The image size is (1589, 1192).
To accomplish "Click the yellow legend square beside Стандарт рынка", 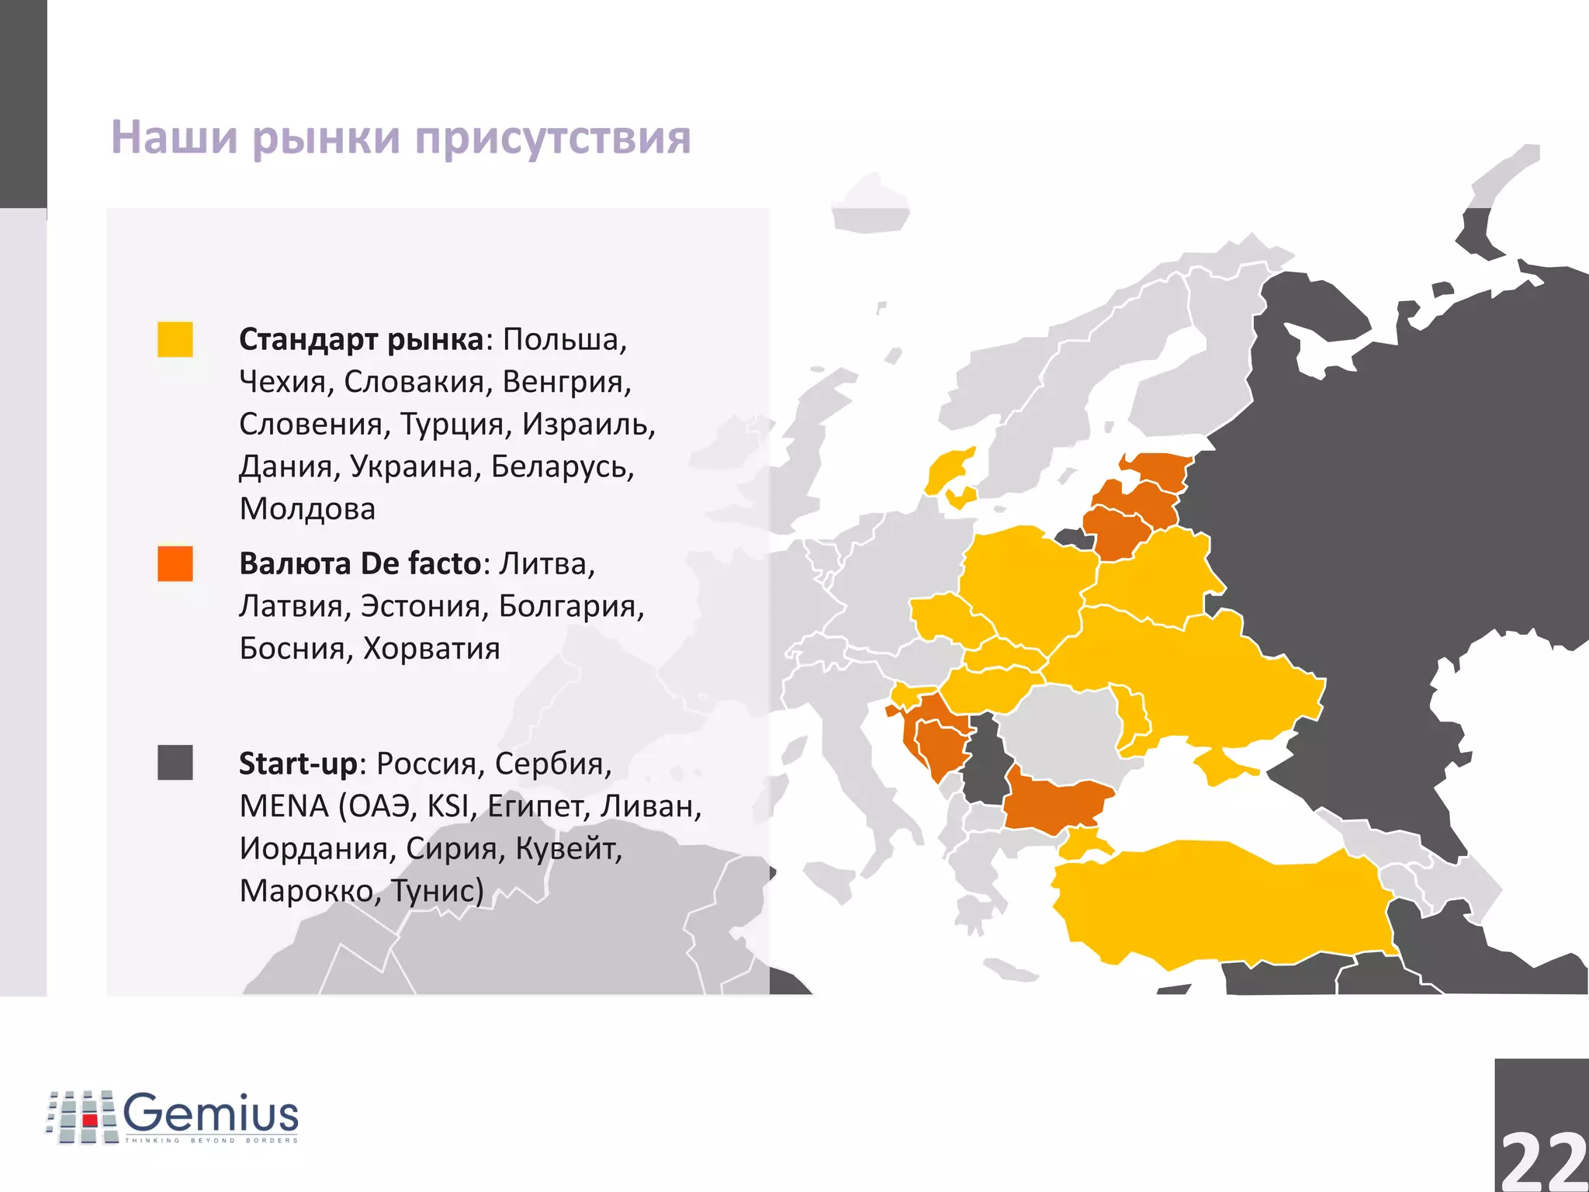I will tap(175, 340).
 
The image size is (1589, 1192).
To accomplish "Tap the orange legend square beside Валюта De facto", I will tap(175, 564).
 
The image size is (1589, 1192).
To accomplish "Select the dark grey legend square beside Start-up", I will tap(175, 763).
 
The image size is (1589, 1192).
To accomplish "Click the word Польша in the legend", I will tap(564, 340).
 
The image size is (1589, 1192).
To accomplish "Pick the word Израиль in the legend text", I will tap(588, 424).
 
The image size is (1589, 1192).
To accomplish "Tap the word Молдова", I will tap(307, 509).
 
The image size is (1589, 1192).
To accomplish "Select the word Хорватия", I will tap(431, 649).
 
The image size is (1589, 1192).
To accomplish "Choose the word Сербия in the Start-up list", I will tap(552, 764).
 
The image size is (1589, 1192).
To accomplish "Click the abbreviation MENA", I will tap(284, 806).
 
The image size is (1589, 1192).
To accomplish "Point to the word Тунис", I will tap(436, 891).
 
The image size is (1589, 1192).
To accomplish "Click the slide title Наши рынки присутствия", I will tap(400, 137).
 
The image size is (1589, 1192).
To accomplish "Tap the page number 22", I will tap(1542, 1161).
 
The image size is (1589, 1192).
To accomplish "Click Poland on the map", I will tap(1024, 582).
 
